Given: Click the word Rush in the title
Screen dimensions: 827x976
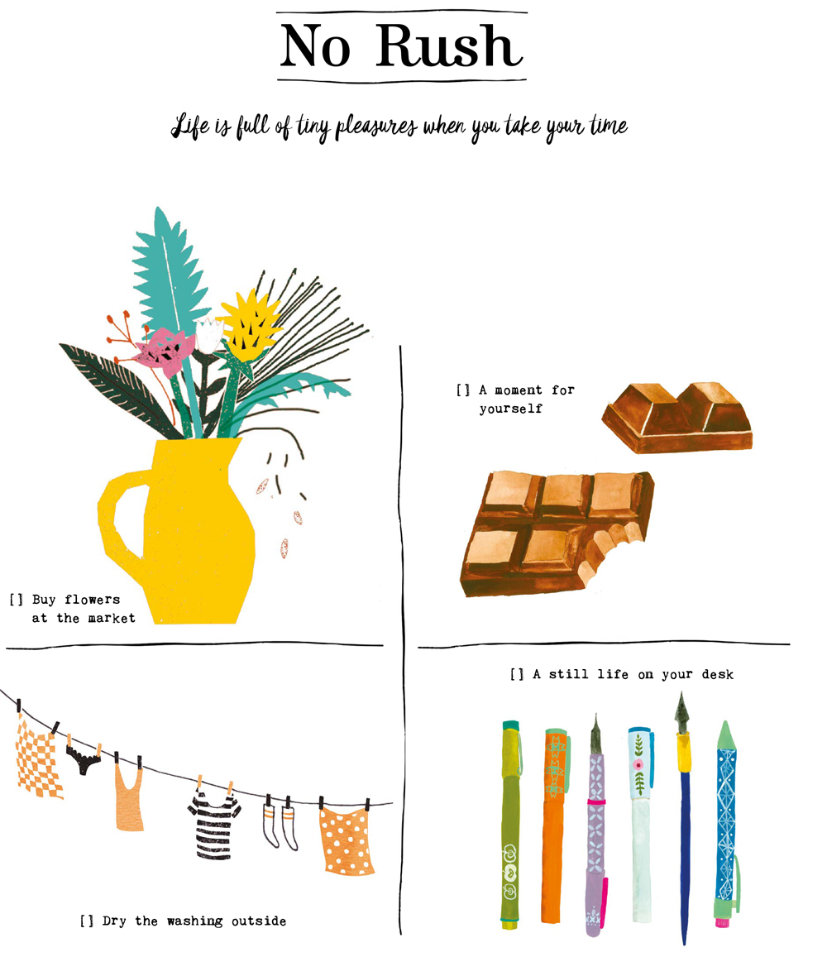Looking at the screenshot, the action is [x=449, y=45].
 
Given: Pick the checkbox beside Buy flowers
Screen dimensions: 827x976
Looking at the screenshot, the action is [x=17, y=600].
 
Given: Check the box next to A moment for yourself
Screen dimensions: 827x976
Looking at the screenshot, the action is [x=463, y=390].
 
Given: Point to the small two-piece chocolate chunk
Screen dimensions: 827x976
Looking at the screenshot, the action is [x=677, y=417].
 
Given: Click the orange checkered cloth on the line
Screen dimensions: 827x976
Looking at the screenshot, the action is [x=39, y=756].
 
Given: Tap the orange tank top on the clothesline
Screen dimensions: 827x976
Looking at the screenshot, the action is [x=129, y=799].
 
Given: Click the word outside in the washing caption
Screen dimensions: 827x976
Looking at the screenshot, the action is [x=259, y=921].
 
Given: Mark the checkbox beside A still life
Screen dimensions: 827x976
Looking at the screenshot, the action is [x=517, y=674].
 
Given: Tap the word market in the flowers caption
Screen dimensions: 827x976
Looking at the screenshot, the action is [x=112, y=618].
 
